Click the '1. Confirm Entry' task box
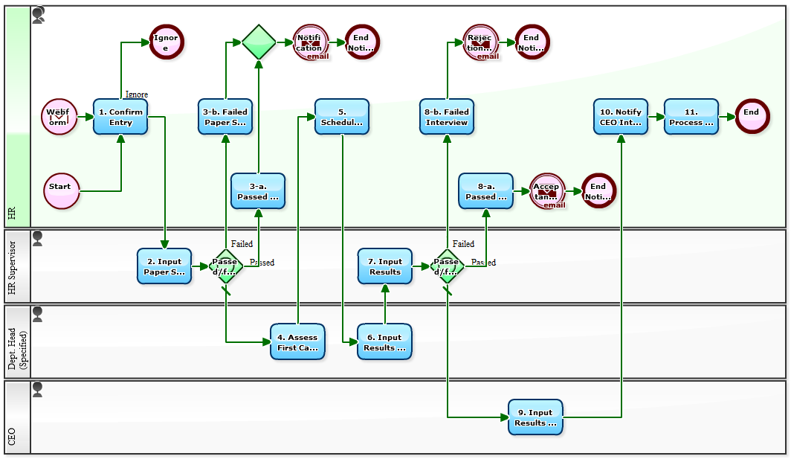(x=120, y=117)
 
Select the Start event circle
(x=61, y=191)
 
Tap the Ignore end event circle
(x=166, y=42)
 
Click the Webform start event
(x=59, y=117)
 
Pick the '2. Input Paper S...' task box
(x=164, y=266)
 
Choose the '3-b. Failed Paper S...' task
(x=225, y=117)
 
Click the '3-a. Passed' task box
(x=258, y=191)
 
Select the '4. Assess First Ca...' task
(x=297, y=342)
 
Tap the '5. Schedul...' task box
(x=342, y=117)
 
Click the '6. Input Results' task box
(x=384, y=342)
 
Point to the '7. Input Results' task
(x=385, y=266)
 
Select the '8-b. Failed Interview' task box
(x=447, y=117)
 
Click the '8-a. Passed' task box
(x=485, y=191)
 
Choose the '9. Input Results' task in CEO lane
(x=535, y=417)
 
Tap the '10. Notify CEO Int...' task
(x=621, y=117)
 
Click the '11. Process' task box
(x=691, y=117)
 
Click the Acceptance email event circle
(x=548, y=191)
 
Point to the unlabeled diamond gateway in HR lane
(x=259, y=42)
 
